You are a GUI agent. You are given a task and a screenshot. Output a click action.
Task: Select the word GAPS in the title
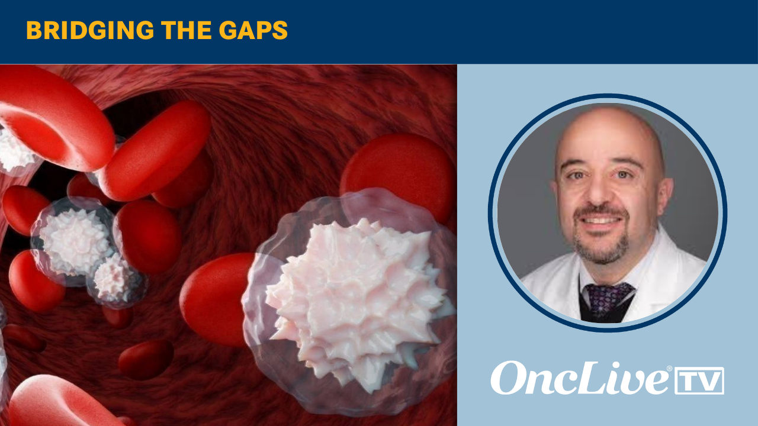pyautogui.click(x=253, y=30)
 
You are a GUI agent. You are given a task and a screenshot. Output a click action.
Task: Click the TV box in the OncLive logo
pyautogui.click(x=699, y=380)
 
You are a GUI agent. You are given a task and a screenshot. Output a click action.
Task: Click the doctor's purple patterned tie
pyautogui.click(x=608, y=298)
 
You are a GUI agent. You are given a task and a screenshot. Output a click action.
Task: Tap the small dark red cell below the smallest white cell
pyautogui.click(x=117, y=317)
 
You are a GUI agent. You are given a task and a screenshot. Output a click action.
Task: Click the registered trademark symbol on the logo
pyautogui.click(x=669, y=369)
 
